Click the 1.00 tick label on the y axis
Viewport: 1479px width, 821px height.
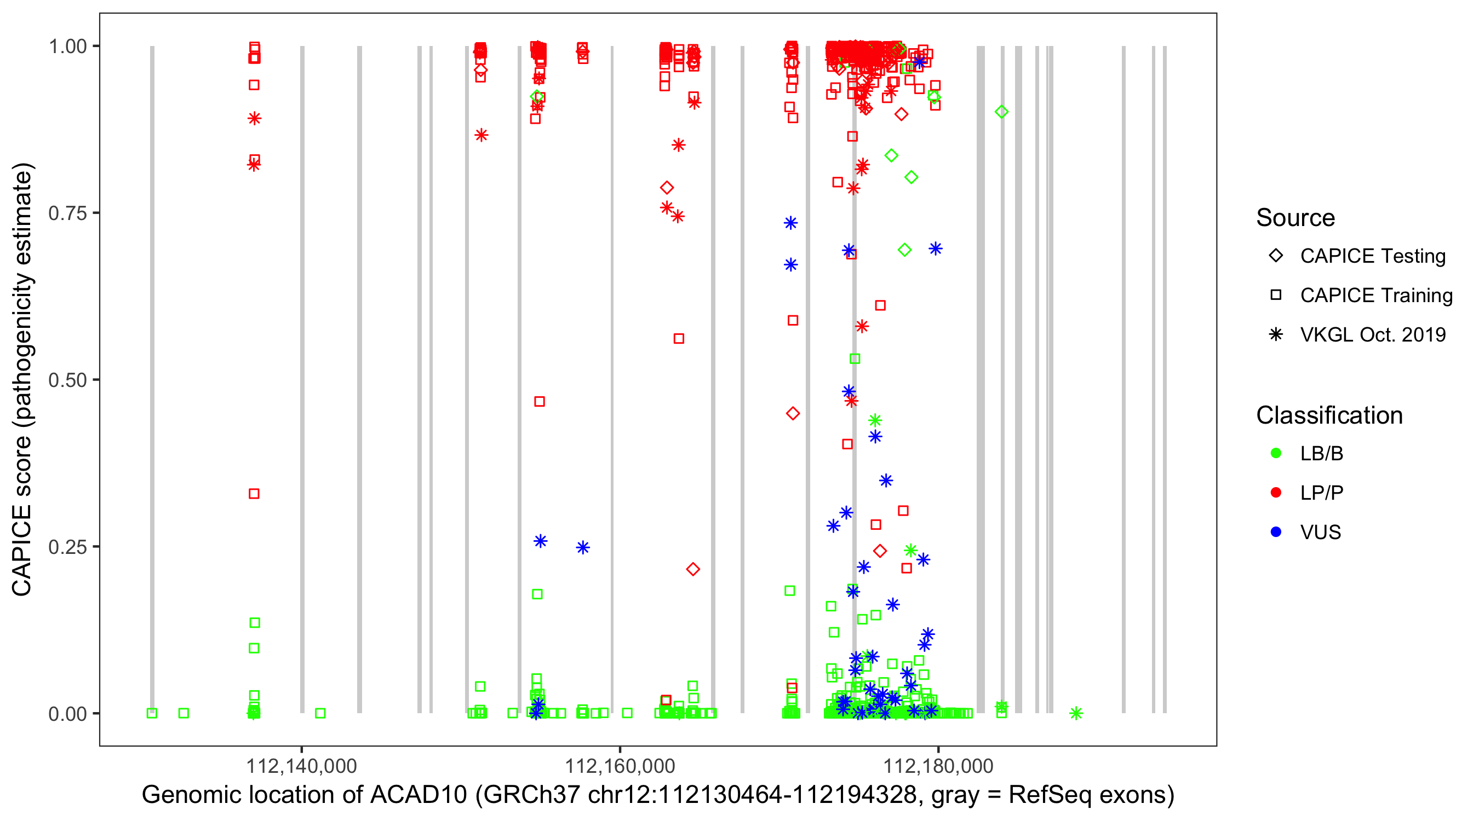[x=67, y=47]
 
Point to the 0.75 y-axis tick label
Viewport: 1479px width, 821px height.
[x=67, y=213]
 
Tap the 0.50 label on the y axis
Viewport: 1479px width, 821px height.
[x=67, y=380]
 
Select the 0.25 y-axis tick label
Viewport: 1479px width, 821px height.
[x=67, y=547]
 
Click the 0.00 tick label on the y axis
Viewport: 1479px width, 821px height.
[x=67, y=714]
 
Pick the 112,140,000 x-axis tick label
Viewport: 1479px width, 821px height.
[x=301, y=766]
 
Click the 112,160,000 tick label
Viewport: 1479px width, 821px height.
[x=620, y=766]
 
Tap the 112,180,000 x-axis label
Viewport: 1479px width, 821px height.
[x=938, y=766]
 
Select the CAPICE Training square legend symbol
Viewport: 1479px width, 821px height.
[x=1276, y=296]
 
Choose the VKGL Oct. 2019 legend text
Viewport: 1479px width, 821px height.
[x=1372, y=335]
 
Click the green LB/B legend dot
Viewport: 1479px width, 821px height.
[x=1276, y=454]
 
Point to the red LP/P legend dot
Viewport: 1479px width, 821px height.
[x=1276, y=493]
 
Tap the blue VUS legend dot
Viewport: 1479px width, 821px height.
[x=1276, y=533]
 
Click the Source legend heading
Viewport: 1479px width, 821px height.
[x=1295, y=218]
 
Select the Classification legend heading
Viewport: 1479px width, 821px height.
[x=1329, y=415]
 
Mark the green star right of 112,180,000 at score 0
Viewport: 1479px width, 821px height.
[x=1076, y=713]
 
